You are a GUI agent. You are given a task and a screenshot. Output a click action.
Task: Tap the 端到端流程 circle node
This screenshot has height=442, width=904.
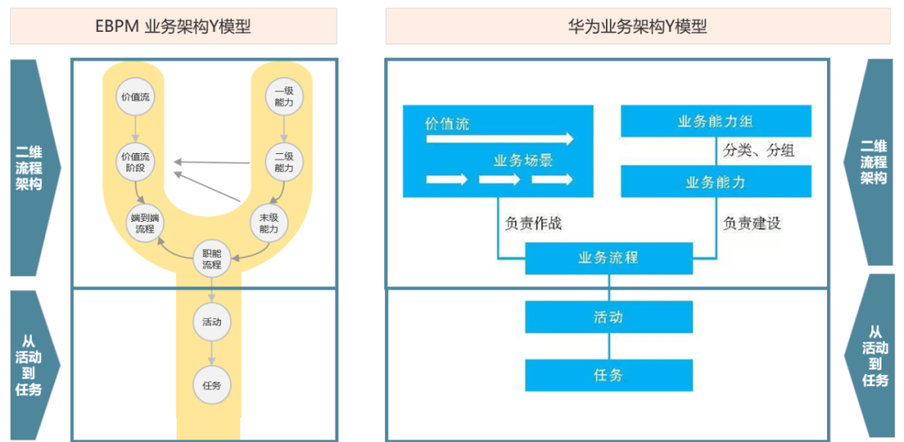(x=142, y=223)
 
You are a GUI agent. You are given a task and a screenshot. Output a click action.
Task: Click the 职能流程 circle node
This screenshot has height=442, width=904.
(x=212, y=260)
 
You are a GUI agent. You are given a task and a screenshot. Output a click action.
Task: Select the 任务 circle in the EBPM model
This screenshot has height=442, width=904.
(x=212, y=385)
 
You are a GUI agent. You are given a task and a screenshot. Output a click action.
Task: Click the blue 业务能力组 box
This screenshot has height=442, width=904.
(x=716, y=121)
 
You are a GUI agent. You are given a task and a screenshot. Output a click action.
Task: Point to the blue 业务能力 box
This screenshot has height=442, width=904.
(x=716, y=182)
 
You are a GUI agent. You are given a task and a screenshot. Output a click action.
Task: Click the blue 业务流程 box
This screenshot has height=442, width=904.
(x=609, y=258)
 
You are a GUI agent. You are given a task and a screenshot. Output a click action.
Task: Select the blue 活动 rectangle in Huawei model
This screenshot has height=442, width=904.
(x=609, y=317)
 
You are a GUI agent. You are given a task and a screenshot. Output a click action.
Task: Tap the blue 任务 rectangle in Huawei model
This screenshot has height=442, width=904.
(x=609, y=375)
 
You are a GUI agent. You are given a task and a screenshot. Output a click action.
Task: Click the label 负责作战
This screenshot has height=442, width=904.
(x=533, y=224)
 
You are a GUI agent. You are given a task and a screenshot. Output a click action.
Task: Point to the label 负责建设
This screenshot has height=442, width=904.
(x=752, y=224)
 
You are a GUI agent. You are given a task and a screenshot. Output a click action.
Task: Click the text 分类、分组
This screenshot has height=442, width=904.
(x=758, y=152)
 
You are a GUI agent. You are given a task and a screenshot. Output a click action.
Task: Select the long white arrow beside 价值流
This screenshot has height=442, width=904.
(x=500, y=138)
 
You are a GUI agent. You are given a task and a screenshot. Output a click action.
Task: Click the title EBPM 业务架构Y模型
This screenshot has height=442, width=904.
(x=173, y=27)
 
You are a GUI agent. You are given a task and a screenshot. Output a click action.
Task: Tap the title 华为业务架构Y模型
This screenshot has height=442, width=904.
(x=637, y=27)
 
